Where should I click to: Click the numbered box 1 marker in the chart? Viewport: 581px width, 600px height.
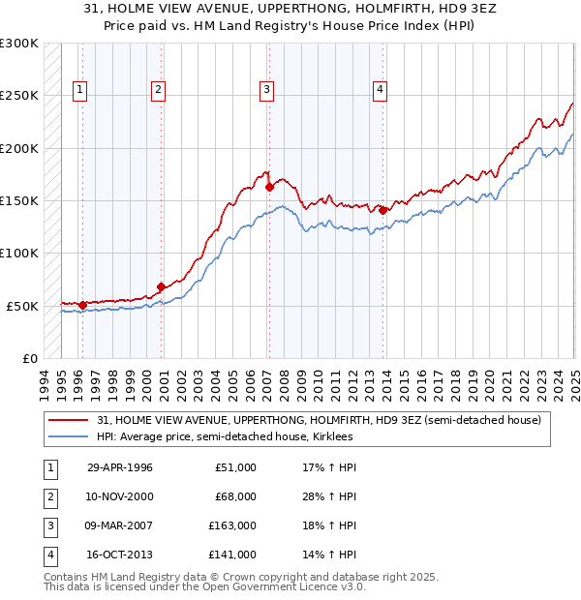coord(79,90)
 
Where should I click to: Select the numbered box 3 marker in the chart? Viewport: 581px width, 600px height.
coord(265,90)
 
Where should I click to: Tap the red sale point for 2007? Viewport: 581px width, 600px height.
coord(269,187)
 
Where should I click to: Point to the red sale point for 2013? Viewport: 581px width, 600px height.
coord(383,210)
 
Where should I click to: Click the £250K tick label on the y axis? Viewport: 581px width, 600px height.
coord(19,96)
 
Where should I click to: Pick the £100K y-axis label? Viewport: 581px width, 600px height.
coord(19,253)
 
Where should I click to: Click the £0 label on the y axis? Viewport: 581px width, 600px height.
coord(29,358)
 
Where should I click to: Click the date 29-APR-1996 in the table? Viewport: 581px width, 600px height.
coord(120,467)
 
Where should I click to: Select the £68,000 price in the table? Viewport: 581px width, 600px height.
coord(233,496)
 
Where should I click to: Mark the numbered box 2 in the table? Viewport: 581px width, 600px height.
coord(48,496)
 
